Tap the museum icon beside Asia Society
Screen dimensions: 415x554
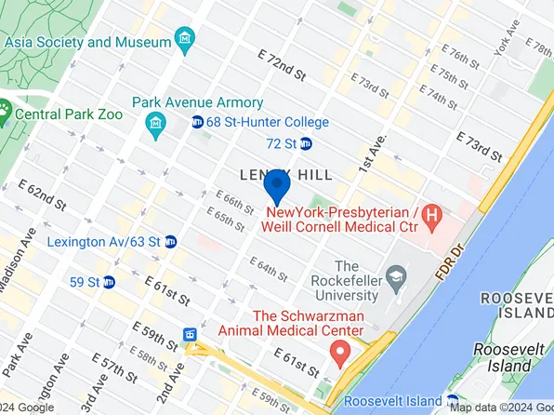pos(186,41)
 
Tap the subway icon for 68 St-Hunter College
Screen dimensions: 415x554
pos(198,123)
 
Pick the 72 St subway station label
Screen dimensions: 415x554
pos(281,143)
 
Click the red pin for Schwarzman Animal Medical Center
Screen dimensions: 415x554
pos(340,355)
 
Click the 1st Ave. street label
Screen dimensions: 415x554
pos(371,150)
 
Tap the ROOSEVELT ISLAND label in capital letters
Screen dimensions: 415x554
pos(517,305)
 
